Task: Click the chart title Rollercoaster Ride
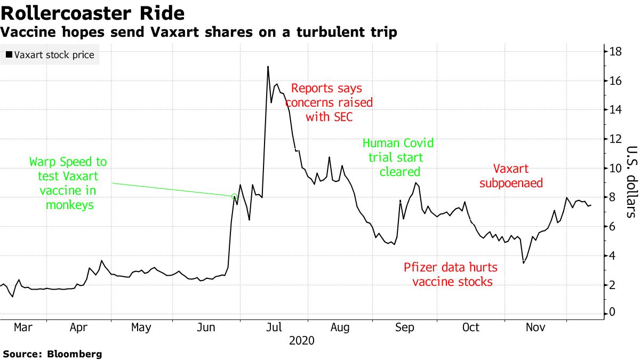93,13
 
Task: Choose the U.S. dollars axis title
631,181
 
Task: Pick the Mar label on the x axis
23,327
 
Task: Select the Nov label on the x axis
535,327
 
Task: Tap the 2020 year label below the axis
302,341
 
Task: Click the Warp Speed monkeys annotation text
68,182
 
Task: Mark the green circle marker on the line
234,197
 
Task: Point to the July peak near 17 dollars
268,67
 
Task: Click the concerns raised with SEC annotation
329,102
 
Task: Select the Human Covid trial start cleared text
398,157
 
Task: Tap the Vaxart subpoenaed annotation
511,176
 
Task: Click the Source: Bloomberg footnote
52,354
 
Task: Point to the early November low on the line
523,262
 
